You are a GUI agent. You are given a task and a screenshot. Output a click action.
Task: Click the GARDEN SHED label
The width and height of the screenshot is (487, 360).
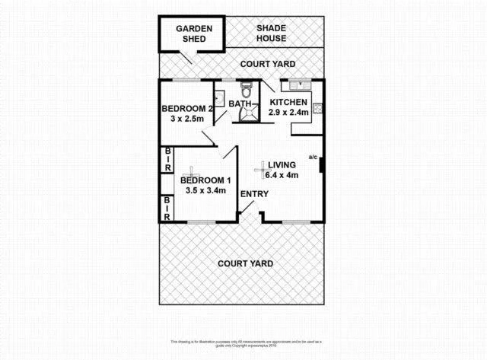(193, 33)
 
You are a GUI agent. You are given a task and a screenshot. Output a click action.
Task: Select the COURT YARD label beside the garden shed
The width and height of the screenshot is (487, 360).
(267, 64)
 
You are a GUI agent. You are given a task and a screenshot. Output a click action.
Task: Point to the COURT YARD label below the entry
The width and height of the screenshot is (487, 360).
(245, 263)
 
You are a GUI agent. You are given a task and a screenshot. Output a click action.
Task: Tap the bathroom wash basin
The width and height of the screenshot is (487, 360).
(218, 97)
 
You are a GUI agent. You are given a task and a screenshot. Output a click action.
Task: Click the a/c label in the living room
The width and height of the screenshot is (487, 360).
(312, 158)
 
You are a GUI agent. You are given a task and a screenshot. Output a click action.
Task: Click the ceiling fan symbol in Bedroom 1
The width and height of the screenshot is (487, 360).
(193, 173)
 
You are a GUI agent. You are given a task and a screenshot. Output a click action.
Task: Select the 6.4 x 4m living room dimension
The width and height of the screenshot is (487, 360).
(282, 175)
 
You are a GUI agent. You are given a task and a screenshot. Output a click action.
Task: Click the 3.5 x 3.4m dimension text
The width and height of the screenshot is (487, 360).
(205, 190)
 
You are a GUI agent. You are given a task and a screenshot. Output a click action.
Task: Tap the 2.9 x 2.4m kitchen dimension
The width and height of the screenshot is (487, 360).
(289, 113)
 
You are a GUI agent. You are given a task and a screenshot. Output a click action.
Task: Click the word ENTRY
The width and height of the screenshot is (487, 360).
(254, 194)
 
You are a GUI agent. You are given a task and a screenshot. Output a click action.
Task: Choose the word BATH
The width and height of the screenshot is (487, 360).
(240, 104)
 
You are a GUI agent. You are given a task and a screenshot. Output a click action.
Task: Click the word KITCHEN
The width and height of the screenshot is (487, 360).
(288, 102)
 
